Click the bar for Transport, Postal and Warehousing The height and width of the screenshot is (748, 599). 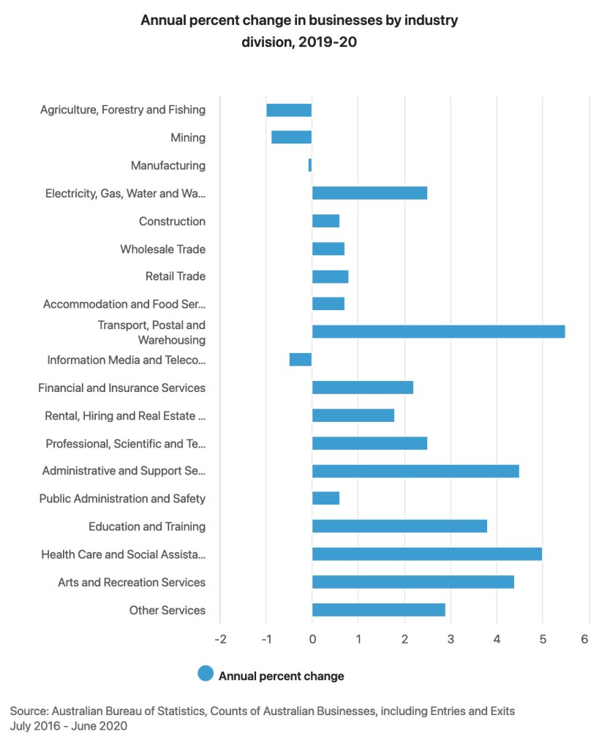tap(438, 332)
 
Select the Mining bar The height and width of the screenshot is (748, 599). tap(291, 137)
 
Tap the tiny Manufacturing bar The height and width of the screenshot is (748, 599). tap(310, 165)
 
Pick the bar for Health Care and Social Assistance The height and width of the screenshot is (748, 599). tap(426, 554)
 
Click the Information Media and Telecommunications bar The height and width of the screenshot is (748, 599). tap(301, 360)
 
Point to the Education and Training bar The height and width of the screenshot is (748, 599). tap(399, 526)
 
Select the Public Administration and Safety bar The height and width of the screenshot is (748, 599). tap(325, 499)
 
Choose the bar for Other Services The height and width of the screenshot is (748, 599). tap(378, 610)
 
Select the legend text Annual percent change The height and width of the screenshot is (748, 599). tap(281, 676)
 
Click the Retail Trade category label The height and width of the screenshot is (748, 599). tap(176, 276)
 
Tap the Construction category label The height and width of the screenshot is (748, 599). tap(172, 222)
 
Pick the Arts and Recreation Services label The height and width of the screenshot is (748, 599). tap(132, 583)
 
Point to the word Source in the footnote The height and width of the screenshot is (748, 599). tap(28, 711)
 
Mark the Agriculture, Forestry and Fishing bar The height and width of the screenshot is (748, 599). tap(289, 110)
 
